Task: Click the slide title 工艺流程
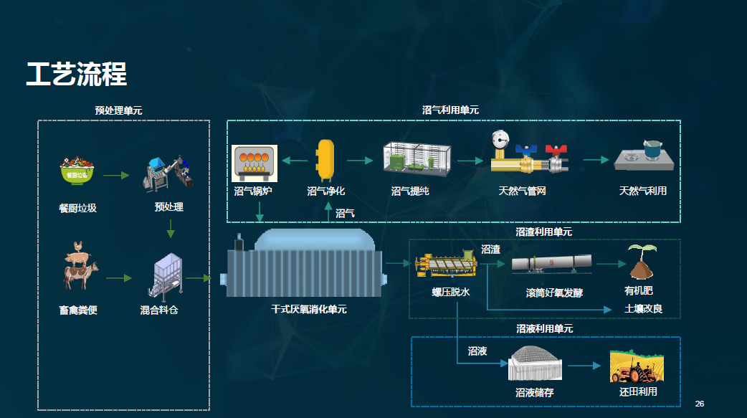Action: click(x=77, y=75)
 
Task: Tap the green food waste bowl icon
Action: click(x=77, y=170)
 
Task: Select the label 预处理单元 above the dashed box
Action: click(x=118, y=110)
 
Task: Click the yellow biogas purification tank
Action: click(x=325, y=161)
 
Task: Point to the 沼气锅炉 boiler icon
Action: click(x=254, y=163)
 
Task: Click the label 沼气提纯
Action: click(x=410, y=191)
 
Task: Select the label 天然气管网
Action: click(x=522, y=191)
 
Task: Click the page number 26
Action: click(x=700, y=404)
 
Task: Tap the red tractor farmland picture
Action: click(x=637, y=366)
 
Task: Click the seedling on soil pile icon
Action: click(x=642, y=262)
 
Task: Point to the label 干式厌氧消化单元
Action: click(x=309, y=309)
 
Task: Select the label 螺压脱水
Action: click(x=451, y=293)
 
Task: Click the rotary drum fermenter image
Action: click(x=552, y=264)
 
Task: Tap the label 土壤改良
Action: click(x=643, y=309)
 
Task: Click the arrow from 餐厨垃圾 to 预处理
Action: click(x=116, y=176)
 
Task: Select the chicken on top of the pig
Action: click(x=77, y=247)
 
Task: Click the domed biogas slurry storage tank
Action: click(x=535, y=364)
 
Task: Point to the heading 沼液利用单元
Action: click(x=545, y=329)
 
